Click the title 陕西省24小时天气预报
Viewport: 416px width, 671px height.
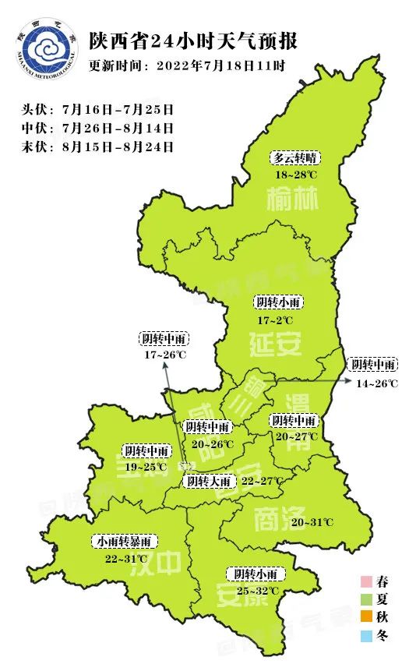coord(193,41)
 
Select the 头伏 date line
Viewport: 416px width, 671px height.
coord(98,109)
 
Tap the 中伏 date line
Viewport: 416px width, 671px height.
coord(98,128)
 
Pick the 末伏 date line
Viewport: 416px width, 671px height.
coord(98,146)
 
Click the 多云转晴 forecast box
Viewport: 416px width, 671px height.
coord(296,157)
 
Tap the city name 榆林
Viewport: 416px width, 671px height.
coord(293,201)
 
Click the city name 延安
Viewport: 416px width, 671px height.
coord(276,343)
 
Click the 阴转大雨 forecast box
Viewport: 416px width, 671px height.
coord(208,481)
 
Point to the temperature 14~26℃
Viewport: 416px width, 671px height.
coord(377,383)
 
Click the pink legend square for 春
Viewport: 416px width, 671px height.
coord(365,581)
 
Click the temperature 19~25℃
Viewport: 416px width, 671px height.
coord(146,467)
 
